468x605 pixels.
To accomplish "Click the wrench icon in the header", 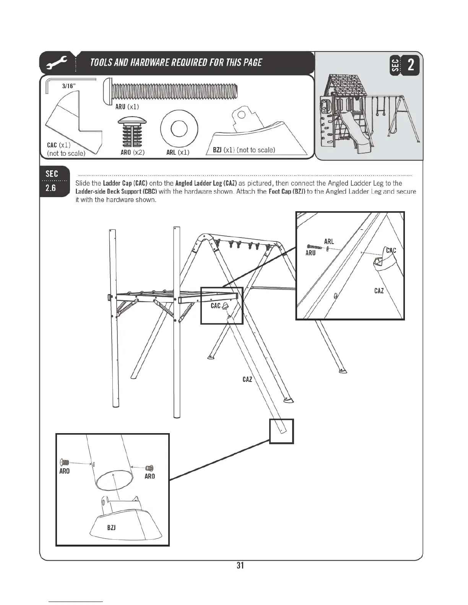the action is (x=57, y=63).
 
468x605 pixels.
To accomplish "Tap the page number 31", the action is (x=240, y=565).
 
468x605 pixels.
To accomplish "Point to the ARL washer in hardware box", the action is (x=179, y=129).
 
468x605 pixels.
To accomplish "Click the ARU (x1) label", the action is (x=127, y=107).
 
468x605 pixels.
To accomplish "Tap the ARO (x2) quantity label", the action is (x=132, y=152).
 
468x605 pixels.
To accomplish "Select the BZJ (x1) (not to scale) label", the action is (x=244, y=150).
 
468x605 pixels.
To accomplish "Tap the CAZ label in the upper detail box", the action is (x=379, y=291).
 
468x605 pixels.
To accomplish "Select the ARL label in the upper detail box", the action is (x=329, y=241).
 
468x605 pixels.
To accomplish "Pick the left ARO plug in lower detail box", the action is (x=65, y=463).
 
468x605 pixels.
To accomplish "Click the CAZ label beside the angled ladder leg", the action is (x=247, y=379).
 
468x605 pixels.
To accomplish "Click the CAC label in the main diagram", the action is (x=216, y=306).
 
